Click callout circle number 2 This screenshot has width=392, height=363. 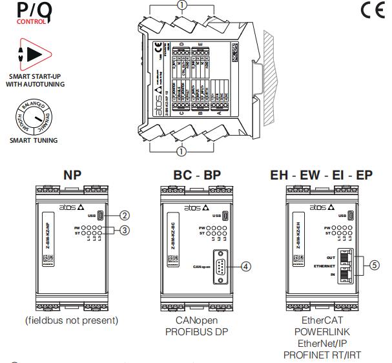(126, 216)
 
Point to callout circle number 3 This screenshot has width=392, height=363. (126, 231)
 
